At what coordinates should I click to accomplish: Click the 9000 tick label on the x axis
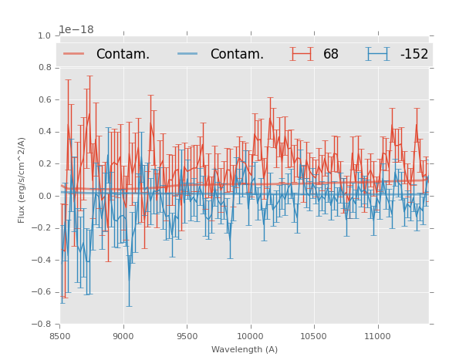[123, 336]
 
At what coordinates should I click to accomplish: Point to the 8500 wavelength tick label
[60, 336]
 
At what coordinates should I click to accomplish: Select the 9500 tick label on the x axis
[187, 336]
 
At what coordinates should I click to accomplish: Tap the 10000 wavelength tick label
[250, 336]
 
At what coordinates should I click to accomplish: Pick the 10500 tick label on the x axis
[313, 336]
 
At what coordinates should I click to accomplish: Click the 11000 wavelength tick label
[377, 336]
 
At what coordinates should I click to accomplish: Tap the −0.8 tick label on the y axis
[42, 325]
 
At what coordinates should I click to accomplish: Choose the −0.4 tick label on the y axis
[42, 261]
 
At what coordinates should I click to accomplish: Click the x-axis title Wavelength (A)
[245, 349]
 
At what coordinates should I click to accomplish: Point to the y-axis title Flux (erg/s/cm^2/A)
[22, 180]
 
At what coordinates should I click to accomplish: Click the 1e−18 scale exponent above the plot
[76, 29]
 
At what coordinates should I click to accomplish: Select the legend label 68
[331, 54]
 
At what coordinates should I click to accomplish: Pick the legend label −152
[414, 54]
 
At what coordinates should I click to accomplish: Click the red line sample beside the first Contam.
[74, 54]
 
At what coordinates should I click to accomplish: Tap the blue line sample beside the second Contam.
[189, 54]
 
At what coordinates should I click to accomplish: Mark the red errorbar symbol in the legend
[302, 54]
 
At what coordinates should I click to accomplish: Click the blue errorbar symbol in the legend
[377, 54]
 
